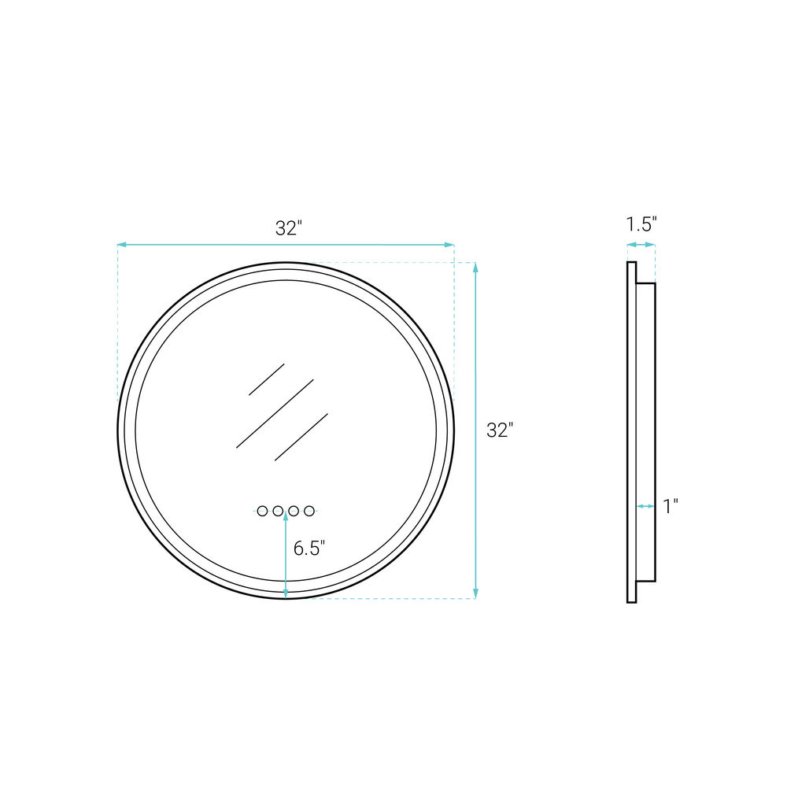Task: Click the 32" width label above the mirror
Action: click(289, 228)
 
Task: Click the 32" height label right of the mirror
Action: click(500, 430)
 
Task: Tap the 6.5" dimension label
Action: click(309, 548)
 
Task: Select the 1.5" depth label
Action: click(641, 224)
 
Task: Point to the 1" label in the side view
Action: click(671, 506)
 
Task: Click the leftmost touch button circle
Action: click(262, 511)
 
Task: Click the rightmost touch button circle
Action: click(309, 511)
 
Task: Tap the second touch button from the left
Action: click(278, 511)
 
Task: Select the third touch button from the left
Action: click(294, 511)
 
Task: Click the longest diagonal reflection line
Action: click(275, 414)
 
